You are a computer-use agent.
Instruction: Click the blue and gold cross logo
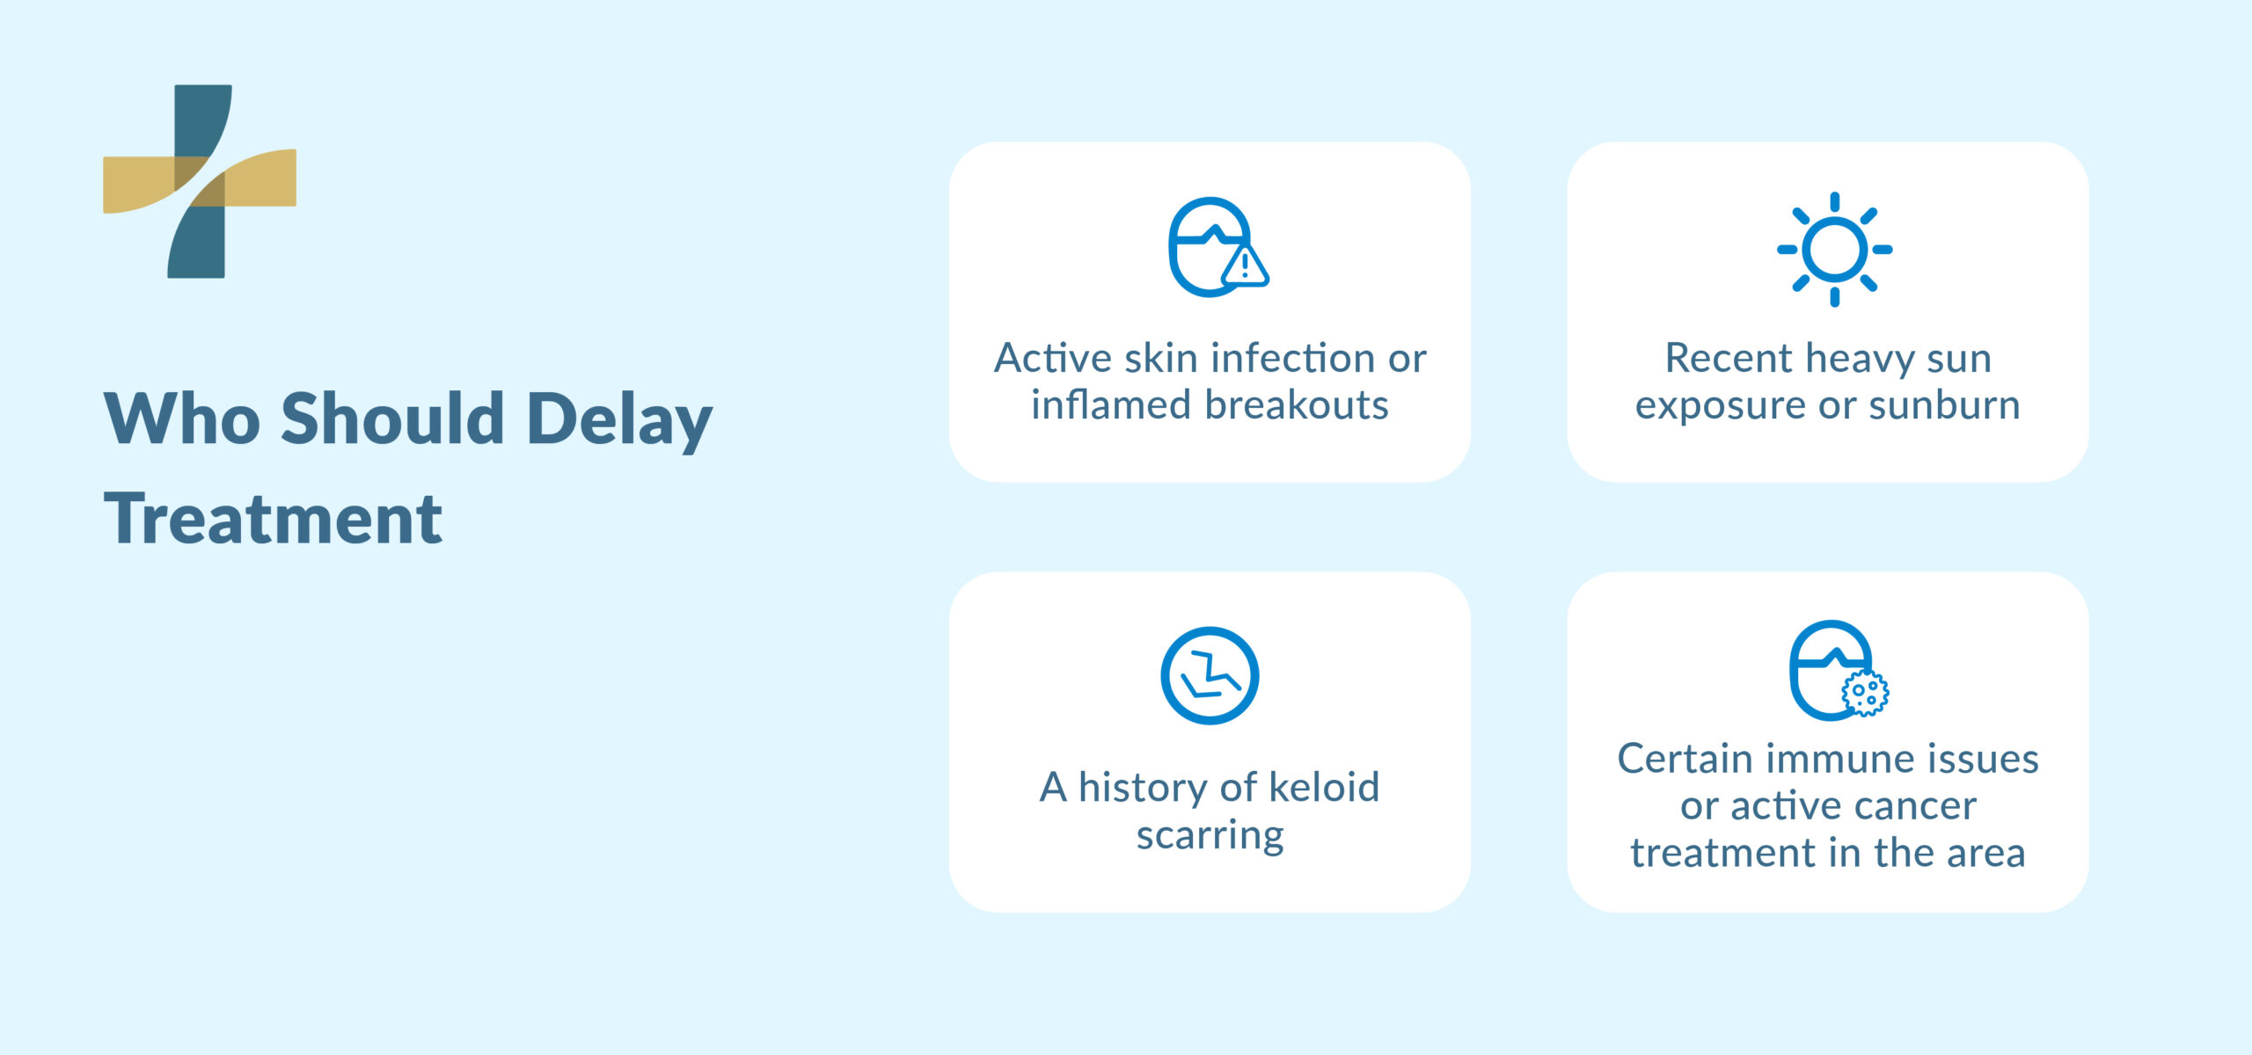(199, 181)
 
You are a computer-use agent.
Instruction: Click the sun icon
(1834, 250)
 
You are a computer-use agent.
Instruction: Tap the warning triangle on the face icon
(1245, 266)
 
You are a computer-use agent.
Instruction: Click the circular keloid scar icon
(1210, 675)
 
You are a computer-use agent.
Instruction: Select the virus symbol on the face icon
(1865, 694)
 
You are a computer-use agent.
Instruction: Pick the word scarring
(1210, 836)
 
